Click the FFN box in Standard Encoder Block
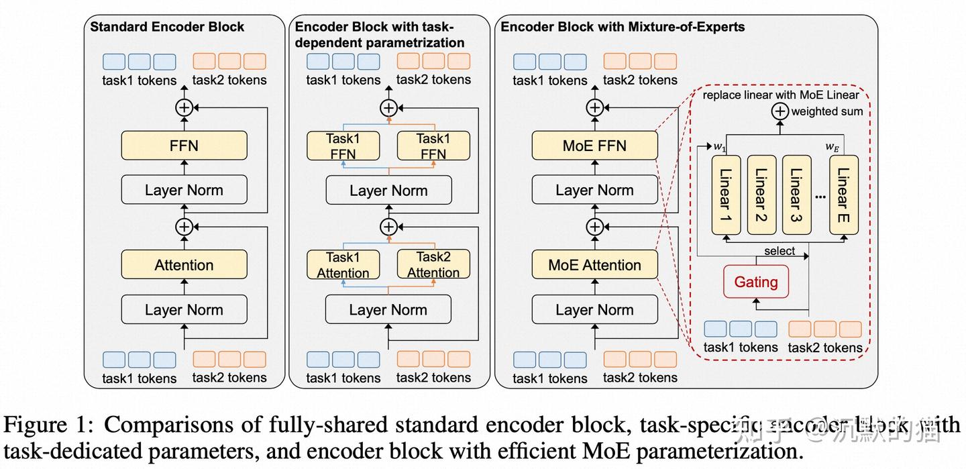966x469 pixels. point(184,146)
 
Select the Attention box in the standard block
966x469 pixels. point(184,265)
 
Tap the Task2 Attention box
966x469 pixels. point(433,264)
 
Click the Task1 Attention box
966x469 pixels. point(343,264)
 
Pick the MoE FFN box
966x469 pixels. point(594,146)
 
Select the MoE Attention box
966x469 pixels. point(594,265)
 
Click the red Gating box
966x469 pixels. point(755,282)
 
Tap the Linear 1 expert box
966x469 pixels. point(725,195)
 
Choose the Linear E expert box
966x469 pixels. point(843,195)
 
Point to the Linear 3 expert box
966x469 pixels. point(796,195)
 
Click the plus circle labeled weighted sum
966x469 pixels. point(779,111)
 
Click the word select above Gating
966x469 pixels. point(780,251)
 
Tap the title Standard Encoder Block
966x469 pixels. point(167,28)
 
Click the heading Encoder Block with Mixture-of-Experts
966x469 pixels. point(623,28)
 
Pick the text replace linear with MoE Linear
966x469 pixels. point(781,95)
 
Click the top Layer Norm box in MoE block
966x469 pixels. point(594,190)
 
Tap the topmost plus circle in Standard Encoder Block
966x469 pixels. point(184,107)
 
